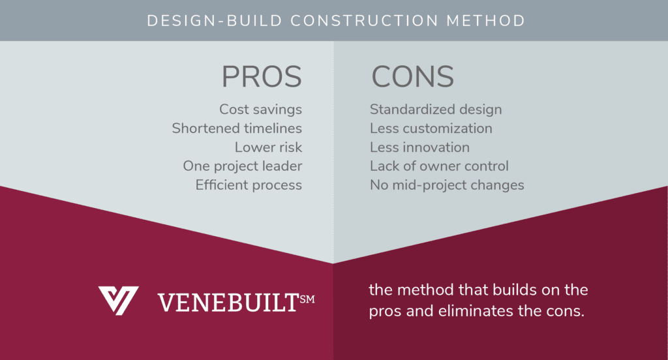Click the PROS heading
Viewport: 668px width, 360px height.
[262, 77]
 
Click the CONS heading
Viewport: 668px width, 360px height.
[413, 77]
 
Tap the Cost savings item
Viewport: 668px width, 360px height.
[261, 110]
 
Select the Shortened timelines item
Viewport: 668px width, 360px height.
[237, 128]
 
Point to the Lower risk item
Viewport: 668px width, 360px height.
[268, 147]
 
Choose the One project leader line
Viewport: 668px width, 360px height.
[243, 166]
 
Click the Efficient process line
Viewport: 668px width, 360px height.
[249, 185]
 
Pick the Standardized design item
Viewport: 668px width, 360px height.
[436, 110]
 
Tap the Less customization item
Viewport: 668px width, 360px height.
[431, 128]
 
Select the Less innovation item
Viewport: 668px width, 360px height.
[419, 147]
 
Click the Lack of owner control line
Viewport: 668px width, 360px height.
[439, 166]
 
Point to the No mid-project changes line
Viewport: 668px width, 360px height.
[447, 185]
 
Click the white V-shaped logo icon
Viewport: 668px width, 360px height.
[118, 301]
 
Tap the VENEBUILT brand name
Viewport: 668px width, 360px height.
[228, 303]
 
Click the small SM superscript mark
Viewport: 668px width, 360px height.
[307, 299]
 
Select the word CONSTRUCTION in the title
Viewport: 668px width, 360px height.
[364, 21]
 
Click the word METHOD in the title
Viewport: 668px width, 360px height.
[485, 21]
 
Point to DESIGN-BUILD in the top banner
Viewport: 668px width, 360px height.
[215, 21]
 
